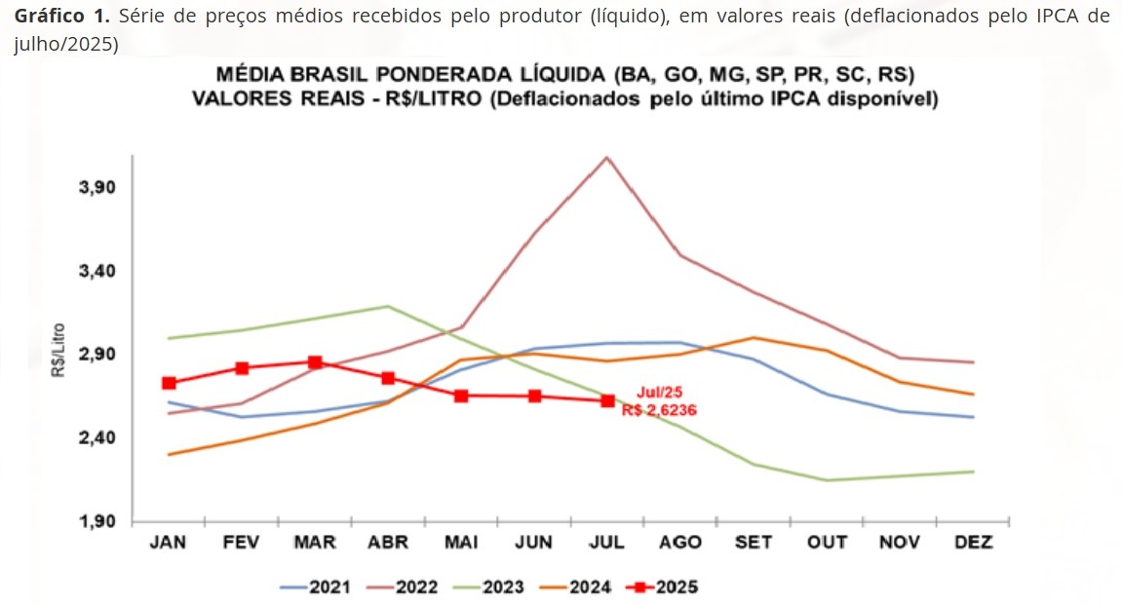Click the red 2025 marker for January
[x=169, y=383]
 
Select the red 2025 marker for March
[x=315, y=362]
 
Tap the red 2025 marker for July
[x=607, y=400]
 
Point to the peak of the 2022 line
[x=606, y=157]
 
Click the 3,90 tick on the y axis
[x=97, y=187]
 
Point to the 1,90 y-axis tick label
[x=97, y=521]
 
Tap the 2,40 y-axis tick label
[x=97, y=437]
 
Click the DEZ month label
[x=972, y=543]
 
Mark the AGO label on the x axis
[x=679, y=543]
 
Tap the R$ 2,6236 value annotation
[x=659, y=410]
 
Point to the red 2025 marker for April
[x=388, y=378]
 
